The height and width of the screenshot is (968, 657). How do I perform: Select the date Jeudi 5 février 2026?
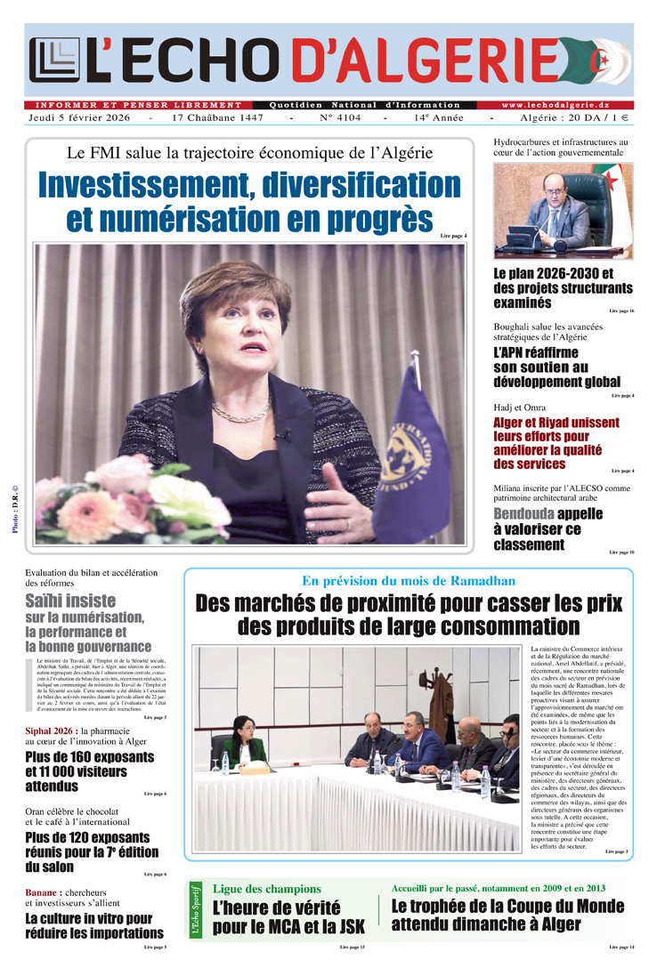(x=81, y=117)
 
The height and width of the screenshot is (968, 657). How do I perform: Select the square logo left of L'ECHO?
(x=54, y=60)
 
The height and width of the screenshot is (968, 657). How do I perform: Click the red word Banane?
(x=43, y=892)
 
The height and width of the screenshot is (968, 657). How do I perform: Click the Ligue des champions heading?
(x=266, y=889)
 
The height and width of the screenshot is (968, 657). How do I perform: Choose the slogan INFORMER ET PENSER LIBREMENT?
(x=138, y=105)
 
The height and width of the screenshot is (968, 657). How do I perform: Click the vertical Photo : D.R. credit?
(x=16, y=508)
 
